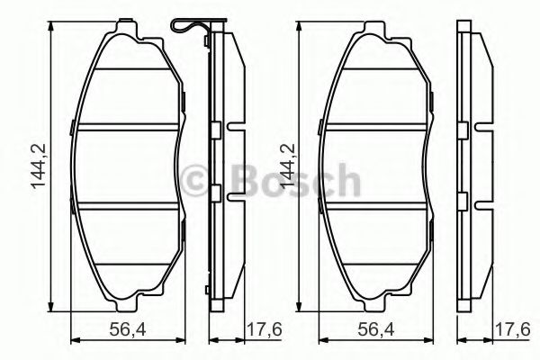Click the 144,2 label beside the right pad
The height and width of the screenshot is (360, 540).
(287, 167)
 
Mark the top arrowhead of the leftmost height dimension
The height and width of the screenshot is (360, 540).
(58, 26)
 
